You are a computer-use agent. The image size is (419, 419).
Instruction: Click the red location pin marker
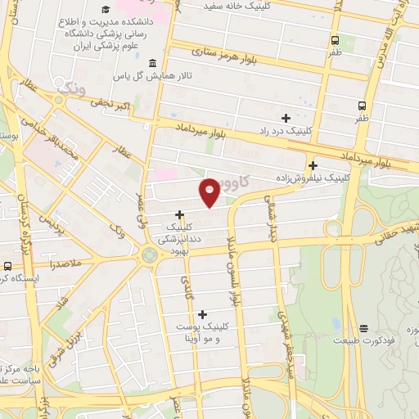(x=209, y=191)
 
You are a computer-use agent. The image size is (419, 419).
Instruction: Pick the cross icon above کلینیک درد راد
(x=286, y=118)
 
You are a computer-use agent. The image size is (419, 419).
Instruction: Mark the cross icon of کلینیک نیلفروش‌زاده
(x=313, y=164)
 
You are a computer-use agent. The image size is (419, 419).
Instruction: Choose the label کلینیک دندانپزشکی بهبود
(x=179, y=239)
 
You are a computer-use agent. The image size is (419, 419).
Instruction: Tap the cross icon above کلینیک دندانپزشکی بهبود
(x=179, y=214)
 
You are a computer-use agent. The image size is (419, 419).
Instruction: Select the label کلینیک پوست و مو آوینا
(x=200, y=331)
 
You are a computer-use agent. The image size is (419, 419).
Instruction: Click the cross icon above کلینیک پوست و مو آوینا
(x=201, y=313)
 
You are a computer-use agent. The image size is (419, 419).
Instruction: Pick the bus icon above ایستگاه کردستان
(x=7, y=266)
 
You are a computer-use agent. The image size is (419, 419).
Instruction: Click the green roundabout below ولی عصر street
(x=149, y=256)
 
